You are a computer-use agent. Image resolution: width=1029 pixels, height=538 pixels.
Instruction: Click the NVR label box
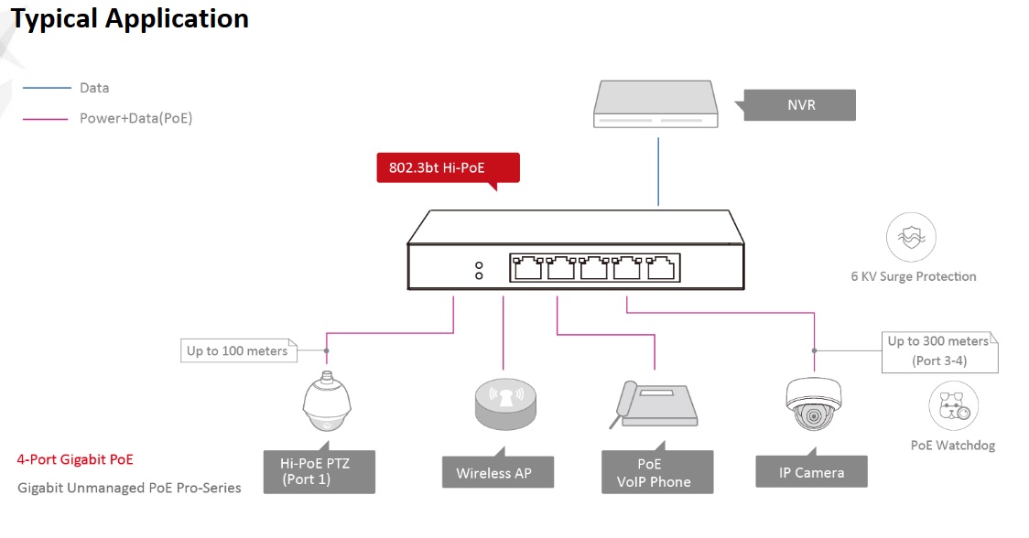(800, 105)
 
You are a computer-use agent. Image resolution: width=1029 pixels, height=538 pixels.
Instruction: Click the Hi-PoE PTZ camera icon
(329, 403)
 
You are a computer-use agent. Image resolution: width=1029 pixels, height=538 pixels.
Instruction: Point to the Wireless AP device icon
(504, 403)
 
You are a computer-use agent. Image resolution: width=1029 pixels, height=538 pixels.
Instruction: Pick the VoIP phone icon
(651, 405)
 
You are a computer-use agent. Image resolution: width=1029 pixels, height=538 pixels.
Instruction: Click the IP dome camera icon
(813, 403)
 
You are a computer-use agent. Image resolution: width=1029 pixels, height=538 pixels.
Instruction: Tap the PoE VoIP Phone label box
(656, 473)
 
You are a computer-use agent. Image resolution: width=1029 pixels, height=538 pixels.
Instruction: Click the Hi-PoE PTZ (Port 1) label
(320, 471)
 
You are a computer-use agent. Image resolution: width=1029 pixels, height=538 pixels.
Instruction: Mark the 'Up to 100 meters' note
(237, 350)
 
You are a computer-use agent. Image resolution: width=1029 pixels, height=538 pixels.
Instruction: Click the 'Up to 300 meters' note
(939, 351)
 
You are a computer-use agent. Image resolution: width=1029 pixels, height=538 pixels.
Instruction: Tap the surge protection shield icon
(911, 238)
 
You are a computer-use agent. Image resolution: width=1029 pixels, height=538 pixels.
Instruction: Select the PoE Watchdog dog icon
(953, 407)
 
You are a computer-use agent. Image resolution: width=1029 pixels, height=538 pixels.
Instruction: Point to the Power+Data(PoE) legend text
(135, 118)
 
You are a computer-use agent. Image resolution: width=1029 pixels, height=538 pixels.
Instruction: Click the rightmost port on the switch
(661, 267)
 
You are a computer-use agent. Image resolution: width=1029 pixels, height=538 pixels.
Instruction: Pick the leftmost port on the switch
(528, 267)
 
